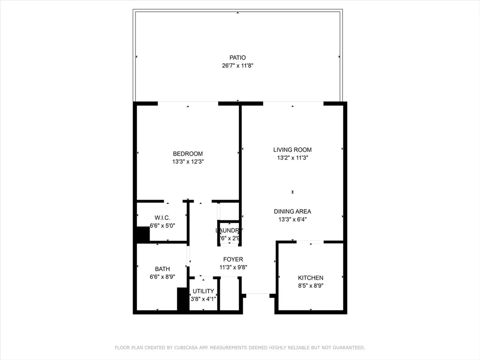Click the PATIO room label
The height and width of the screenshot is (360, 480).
click(x=237, y=58)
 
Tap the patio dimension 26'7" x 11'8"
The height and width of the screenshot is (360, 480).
click(x=237, y=66)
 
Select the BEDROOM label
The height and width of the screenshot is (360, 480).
click(x=187, y=154)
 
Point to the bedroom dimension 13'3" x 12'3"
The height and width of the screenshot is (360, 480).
click(x=187, y=162)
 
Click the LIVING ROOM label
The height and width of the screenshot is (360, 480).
click(x=292, y=150)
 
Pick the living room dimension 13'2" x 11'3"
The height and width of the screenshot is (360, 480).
click(x=292, y=158)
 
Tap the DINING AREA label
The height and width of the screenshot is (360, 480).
click(x=292, y=211)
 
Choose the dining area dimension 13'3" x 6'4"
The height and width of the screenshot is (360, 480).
click(x=292, y=219)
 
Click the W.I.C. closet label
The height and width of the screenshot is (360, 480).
click(x=162, y=218)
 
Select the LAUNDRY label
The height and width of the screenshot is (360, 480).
click(x=229, y=231)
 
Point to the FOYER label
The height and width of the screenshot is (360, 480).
click(x=233, y=259)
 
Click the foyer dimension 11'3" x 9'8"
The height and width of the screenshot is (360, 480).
click(x=233, y=267)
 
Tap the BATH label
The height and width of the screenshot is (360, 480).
click(x=162, y=269)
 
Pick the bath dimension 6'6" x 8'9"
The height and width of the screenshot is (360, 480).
click(x=162, y=277)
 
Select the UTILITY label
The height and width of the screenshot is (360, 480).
click(x=203, y=291)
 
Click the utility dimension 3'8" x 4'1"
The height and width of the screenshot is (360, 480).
click(x=203, y=299)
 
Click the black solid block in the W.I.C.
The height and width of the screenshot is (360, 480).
click(x=142, y=234)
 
